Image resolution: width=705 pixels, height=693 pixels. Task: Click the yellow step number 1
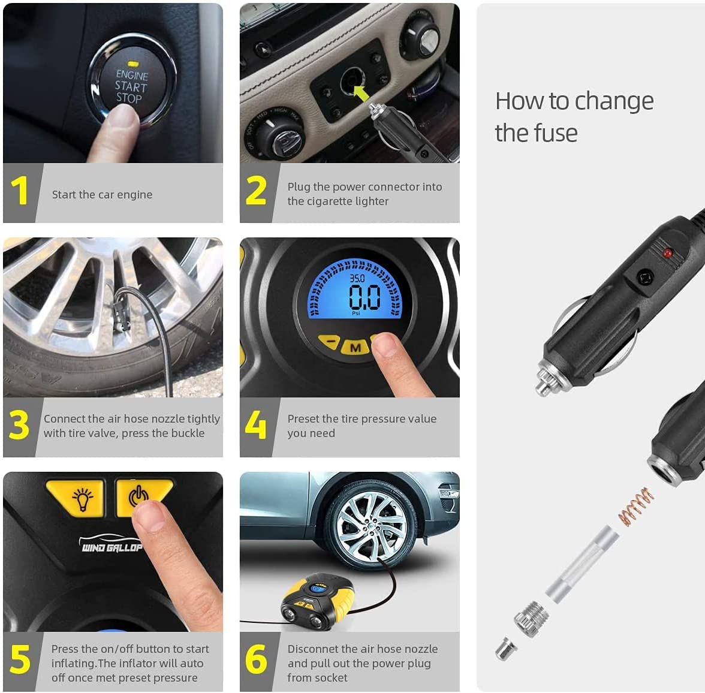click(x=20, y=191)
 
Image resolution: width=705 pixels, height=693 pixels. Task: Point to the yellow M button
click(x=355, y=347)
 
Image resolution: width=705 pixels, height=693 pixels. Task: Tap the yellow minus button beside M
click(x=330, y=343)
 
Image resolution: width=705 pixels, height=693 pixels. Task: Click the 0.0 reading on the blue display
click(x=364, y=297)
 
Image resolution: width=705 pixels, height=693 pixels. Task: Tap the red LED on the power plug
click(x=667, y=254)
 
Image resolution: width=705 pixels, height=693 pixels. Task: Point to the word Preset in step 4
click(x=303, y=418)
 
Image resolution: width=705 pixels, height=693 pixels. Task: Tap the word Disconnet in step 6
click(x=314, y=649)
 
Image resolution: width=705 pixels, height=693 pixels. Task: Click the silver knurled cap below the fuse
click(x=530, y=616)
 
